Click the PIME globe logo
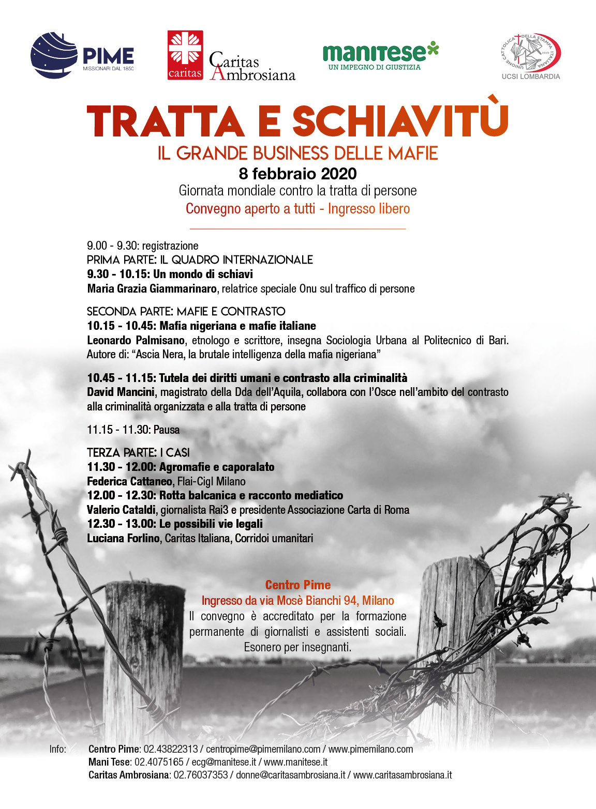pos(54,55)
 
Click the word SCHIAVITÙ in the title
pos(400,122)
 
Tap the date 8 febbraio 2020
pos(297,174)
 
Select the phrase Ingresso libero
pos(369,209)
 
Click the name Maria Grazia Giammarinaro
pos(152,288)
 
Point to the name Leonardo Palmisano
pos(136,340)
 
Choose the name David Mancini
pos(120,392)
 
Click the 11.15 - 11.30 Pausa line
pos(133,430)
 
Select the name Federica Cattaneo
pos(129,481)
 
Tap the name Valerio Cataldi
pos(121,510)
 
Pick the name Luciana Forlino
pos(123,538)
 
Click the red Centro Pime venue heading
pos(297,585)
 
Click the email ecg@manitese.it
pos(224,762)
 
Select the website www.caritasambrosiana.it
pos(403,775)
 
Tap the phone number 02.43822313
pos(171,749)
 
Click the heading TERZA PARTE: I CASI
pos(138,452)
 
